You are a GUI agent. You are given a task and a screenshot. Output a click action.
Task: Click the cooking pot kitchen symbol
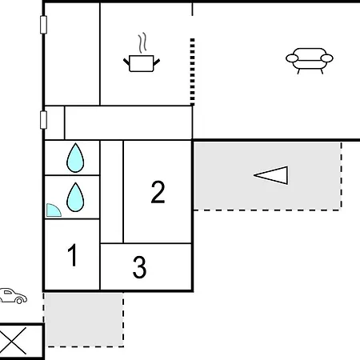pyautogui.click(x=142, y=63)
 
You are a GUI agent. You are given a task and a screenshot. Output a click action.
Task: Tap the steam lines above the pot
pyautogui.click(x=143, y=42)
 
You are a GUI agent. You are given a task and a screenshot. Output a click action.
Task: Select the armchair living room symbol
pyautogui.click(x=310, y=61)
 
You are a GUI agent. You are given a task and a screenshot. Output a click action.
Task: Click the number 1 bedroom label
pyautogui.click(x=72, y=255)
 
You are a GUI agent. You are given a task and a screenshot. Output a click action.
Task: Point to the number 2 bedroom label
pyautogui.click(x=158, y=192)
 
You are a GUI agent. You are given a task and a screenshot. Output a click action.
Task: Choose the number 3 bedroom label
pyautogui.click(x=139, y=267)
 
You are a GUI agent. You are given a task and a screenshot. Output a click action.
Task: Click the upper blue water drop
pyautogui.click(x=75, y=158)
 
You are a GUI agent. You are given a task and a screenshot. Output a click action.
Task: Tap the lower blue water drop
pyautogui.click(x=75, y=198)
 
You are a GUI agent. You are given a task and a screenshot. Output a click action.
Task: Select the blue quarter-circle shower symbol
pyautogui.click(x=53, y=210)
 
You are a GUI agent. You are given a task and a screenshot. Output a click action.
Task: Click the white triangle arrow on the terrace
pyautogui.click(x=271, y=175)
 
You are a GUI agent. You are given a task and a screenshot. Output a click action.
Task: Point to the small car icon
pyautogui.click(x=13, y=296)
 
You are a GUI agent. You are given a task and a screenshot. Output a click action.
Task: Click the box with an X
pyautogui.click(x=22, y=341)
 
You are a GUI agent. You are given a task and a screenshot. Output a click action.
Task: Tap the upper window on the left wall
pyautogui.click(x=43, y=25)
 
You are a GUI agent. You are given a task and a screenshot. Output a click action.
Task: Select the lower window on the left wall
pyautogui.click(x=43, y=120)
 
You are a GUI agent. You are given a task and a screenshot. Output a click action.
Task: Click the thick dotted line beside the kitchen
pyautogui.click(x=192, y=72)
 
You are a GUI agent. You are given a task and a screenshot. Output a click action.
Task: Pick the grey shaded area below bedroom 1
pyautogui.click(x=84, y=320)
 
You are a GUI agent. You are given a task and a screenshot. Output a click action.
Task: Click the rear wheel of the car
pyautogui.click(x=19, y=301)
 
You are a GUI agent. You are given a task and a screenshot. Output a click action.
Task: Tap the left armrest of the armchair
pyautogui.click(x=292, y=58)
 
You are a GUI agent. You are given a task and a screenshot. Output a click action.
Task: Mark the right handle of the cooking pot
pyautogui.click(x=157, y=62)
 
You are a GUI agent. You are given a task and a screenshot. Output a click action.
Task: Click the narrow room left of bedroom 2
pyautogui.click(x=112, y=192)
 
